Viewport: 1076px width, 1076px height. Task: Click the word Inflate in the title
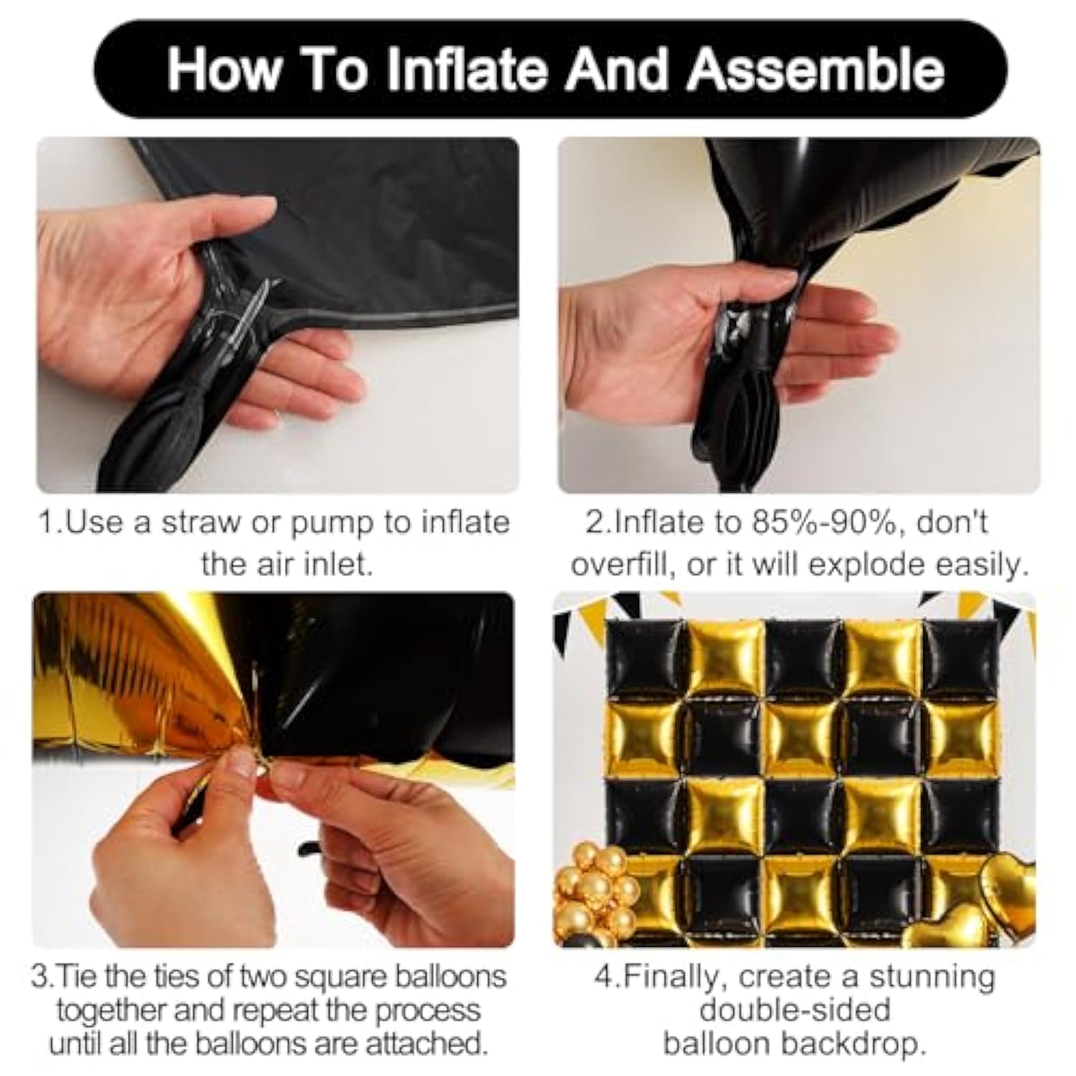pos(471,70)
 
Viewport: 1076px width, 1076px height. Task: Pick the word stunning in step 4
pos(932,976)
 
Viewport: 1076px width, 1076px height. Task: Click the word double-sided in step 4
pos(795,1010)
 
